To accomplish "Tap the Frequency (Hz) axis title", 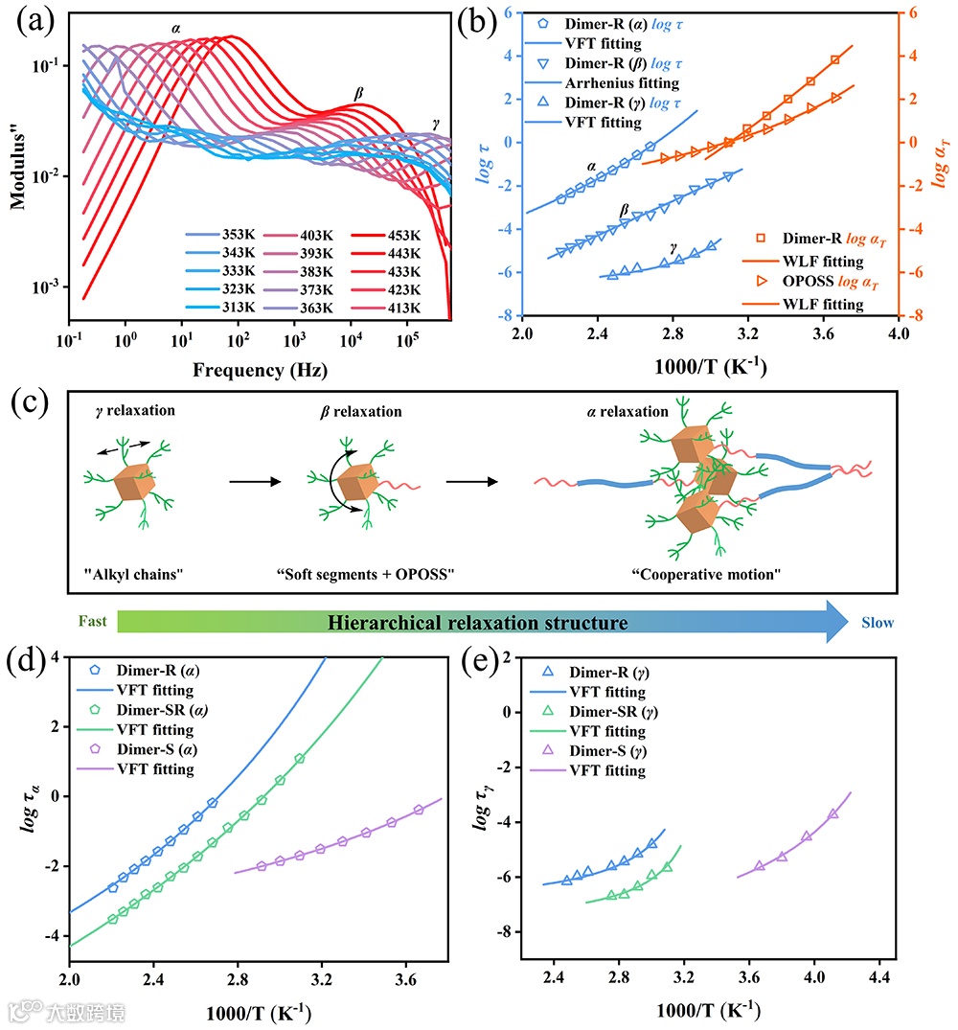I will (261, 368).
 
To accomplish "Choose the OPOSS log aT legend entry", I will (822, 283).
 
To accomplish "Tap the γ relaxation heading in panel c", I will (121, 412).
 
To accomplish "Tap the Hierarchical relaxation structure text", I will (477, 624).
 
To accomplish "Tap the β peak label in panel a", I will (359, 93).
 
